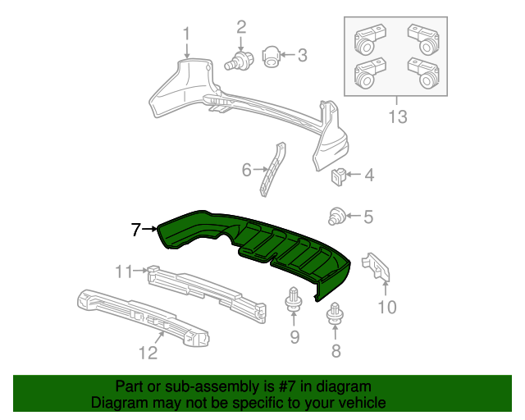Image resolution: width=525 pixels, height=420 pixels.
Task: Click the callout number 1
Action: tap(186, 34)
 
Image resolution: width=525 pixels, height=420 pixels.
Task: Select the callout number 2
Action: tap(241, 27)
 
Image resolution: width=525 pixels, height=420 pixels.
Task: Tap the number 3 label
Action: tap(302, 56)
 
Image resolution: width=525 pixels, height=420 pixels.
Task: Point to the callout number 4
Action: tap(369, 175)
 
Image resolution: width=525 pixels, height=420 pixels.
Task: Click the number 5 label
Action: tap(368, 217)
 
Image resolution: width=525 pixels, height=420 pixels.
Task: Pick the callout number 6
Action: tap(246, 171)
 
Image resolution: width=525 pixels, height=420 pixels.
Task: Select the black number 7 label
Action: tap(136, 230)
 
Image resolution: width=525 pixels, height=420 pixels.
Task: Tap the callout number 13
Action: tap(397, 117)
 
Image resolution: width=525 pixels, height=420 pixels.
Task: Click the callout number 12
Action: tap(147, 354)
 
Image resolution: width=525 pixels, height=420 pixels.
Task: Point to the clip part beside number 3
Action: tap(272, 56)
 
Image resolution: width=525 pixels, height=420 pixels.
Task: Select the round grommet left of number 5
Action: tap(336, 217)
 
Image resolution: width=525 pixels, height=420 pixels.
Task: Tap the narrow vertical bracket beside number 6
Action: tap(273, 169)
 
